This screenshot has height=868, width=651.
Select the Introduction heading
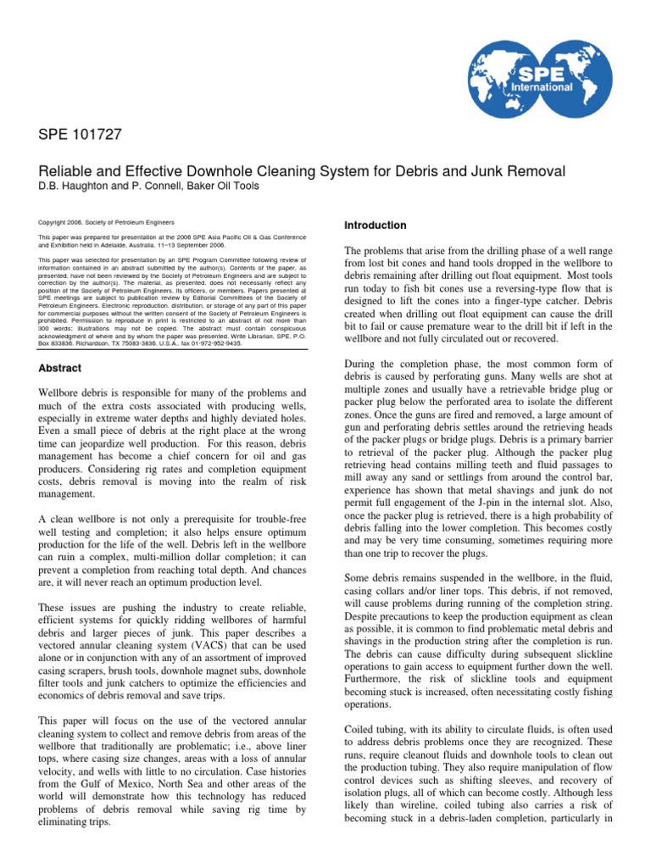coord(376,225)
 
